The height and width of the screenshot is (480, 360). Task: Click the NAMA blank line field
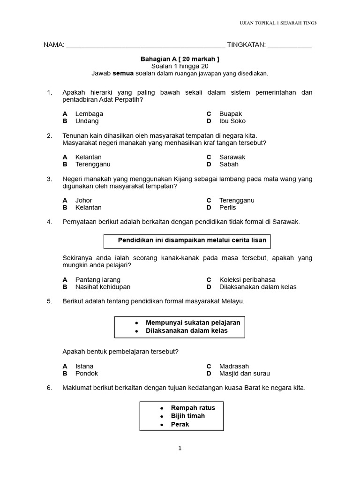point(145,45)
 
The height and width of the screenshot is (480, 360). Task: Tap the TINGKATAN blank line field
point(290,45)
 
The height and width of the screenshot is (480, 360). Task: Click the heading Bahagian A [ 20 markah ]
point(180,59)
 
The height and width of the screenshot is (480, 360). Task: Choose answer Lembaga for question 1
point(89,114)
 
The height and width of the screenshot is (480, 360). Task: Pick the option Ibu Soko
point(232,121)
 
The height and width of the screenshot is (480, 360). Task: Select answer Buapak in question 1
point(231,114)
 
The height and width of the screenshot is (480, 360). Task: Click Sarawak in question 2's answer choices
point(232,157)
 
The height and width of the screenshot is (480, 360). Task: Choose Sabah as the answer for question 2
point(229,164)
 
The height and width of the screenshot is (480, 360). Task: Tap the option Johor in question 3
point(83,200)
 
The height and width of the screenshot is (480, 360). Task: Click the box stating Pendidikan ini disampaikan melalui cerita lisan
point(187,240)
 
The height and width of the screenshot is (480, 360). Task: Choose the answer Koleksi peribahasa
point(247,280)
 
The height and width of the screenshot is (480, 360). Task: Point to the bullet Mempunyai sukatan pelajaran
point(193,323)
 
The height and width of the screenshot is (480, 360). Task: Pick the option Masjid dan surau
point(244,374)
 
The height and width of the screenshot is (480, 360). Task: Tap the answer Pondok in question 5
point(86,374)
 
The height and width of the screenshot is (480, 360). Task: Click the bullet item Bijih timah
point(187,416)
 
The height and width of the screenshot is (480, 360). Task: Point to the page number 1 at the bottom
point(180,449)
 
